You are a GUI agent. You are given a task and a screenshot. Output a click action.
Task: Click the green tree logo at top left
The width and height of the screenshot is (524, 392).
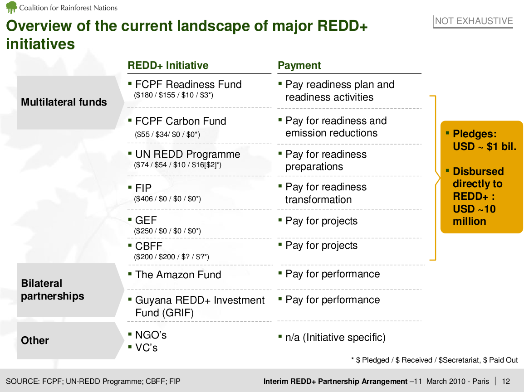click(x=11, y=7)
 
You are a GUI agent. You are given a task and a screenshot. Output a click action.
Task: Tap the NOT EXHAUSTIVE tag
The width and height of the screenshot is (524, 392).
click(x=474, y=21)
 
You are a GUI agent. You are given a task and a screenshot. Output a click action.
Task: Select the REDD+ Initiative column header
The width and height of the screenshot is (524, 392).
click(x=168, y=65)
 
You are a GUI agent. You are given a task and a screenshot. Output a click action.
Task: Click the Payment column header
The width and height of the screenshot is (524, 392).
click(x=299, y=65)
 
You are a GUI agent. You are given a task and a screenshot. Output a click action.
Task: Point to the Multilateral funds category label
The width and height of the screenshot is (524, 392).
click(x=64, y=102)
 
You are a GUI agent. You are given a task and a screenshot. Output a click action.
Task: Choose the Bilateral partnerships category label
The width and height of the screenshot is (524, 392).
click(x=53, y=290)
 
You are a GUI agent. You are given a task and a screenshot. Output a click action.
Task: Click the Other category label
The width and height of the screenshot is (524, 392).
click(x=35, y=340)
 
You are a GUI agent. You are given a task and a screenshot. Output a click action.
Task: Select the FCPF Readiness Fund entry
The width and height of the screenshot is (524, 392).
click(x=188, y=84)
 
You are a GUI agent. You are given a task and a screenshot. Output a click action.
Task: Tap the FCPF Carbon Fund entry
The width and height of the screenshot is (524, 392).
click(x=181, y=121)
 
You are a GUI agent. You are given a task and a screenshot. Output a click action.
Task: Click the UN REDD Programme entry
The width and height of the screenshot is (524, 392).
click(x=187, y=154)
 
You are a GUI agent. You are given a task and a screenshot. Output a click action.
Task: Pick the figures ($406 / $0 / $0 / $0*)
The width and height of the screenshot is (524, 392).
click(x=167, y=198)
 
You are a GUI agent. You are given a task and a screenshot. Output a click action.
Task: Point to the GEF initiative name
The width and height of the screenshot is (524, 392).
click(x=146, y=220)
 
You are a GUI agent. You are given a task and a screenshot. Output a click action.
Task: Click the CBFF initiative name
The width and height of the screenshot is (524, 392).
click(x=149, y=246)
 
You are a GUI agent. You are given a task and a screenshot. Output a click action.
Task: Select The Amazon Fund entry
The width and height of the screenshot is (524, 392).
click(x=178, y=275)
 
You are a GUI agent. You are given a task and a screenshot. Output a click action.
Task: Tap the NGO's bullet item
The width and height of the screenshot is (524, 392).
click(x=151, y=335)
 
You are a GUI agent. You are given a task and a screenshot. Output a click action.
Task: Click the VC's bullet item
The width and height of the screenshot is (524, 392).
click(x=146, y=348)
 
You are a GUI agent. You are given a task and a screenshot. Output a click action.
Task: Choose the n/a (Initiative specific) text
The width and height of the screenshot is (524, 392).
click(x=335, y=337)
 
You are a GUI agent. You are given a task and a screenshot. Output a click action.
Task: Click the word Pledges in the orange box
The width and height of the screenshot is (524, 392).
click(x=475, y=134)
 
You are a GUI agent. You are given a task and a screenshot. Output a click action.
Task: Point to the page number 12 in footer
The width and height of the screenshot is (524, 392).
click(x=506, y=381)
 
